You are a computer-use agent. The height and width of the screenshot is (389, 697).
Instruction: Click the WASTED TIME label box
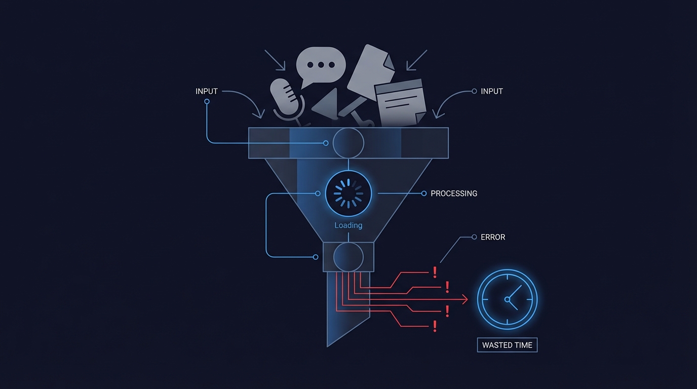(x=507, y=345)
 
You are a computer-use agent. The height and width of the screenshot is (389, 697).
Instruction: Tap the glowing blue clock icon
(x=507, y=299)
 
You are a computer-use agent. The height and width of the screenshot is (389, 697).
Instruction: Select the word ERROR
(x=492, y=237)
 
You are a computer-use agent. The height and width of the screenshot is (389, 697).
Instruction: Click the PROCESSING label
(x=453, y=193)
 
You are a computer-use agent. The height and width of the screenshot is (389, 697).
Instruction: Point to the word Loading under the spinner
(x=348, y=225)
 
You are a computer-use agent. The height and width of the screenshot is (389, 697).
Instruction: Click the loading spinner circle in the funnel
(x=348, y=193)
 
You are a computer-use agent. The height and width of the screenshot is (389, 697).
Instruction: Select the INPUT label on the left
(x=207, y=92)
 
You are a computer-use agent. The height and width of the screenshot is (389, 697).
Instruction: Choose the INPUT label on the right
(x=491, y=92)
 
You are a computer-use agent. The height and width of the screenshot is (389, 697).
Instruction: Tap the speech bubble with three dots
(x=321, y=66)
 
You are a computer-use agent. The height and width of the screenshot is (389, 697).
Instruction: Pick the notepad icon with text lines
(x=400, y=103)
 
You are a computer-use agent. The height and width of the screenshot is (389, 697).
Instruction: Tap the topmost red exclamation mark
(x=435, y=273)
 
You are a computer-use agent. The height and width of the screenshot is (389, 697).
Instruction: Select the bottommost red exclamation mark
(x=435, y=327)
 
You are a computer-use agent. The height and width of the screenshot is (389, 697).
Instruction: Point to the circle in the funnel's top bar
(x=348, y=143)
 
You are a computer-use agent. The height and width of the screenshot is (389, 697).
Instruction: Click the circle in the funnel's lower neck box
(x=348, y=257)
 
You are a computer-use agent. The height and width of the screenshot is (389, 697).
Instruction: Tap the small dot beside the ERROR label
(x=474, y=237)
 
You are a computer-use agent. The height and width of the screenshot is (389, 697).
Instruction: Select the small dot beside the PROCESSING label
(x=424, y=193)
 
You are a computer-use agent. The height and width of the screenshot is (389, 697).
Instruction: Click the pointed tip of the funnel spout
(x=328, y=345)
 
